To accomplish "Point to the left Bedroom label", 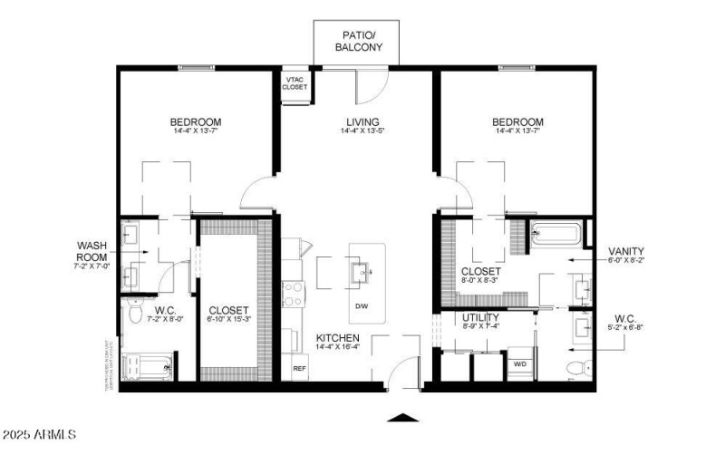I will tap(196, 122).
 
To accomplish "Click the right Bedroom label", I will tap(517, 122).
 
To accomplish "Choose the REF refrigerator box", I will tap(298, 369).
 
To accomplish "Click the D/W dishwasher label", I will tap(361, 305).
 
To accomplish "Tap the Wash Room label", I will tap(92, 250).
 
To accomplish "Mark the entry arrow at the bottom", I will tap(403, 418).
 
